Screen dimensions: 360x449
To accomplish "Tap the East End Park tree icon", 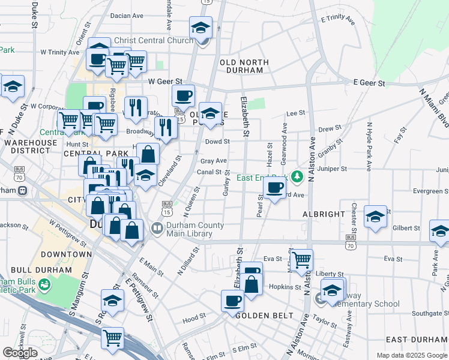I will click(x=296, y=176).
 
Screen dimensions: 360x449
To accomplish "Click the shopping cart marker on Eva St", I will click(x=301, y=260).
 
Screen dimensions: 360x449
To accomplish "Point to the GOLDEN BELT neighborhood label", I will click(x=264, y=316).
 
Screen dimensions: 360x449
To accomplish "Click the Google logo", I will click(x=20, y=353).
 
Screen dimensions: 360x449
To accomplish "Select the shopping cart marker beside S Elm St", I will click(x=113, y=338).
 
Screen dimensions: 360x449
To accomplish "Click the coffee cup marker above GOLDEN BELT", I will click(x=232, y=301).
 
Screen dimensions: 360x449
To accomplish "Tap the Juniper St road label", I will click(x=335, y=169).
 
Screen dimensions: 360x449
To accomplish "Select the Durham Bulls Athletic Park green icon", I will click(x=43, y=284).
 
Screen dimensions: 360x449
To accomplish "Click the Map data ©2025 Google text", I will click(x=412, y=355).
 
